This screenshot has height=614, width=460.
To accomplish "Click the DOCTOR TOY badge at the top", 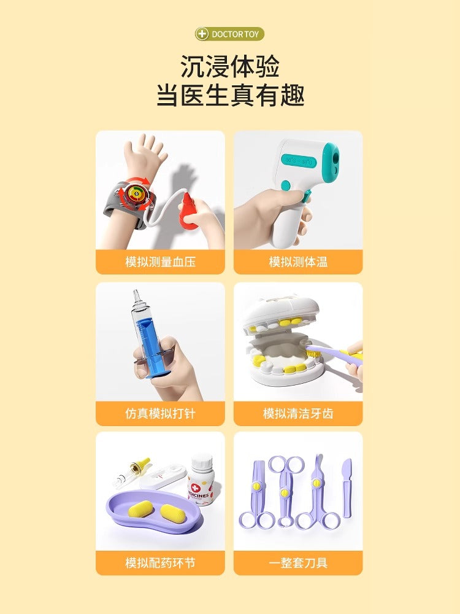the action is (229, 34).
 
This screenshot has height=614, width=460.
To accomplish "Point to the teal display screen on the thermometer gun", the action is (299, 161).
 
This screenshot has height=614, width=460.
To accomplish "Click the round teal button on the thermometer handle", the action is (286, 185).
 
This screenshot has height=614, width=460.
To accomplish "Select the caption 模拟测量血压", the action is (160, 262).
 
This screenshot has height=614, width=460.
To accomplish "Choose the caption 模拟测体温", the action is (298, 262).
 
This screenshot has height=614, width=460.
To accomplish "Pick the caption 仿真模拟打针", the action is (160, 413).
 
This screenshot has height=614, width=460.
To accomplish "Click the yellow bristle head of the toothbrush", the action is (312, 351).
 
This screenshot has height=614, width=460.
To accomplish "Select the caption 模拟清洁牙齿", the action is (298, 413).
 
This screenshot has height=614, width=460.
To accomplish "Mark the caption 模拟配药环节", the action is (160, 562).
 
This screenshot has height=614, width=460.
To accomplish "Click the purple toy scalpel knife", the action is (347, 488).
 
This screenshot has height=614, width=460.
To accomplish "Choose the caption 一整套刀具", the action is (298, 562).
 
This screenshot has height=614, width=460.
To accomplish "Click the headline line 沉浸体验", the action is (230, 66).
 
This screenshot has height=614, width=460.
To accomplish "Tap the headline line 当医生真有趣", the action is (230, 95).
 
